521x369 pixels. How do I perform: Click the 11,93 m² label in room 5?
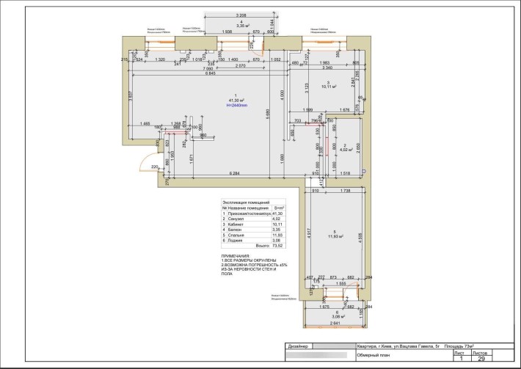pyautogui.click(x=336, y=237)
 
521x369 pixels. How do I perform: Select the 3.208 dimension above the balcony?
pyautogui.click(x=240, y=15)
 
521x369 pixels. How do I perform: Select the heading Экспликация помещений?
pyautogui.click(x=245, y=202)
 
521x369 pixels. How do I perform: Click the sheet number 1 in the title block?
pyautogui.click(x=460, y=359)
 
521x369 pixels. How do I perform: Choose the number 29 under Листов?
pyautogui.click(x=481, y=359)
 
